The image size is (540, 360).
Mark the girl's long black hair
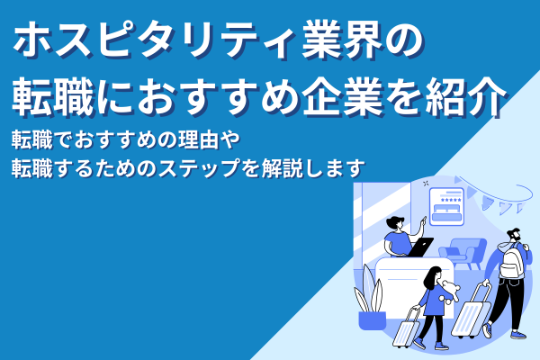(434, 279)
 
